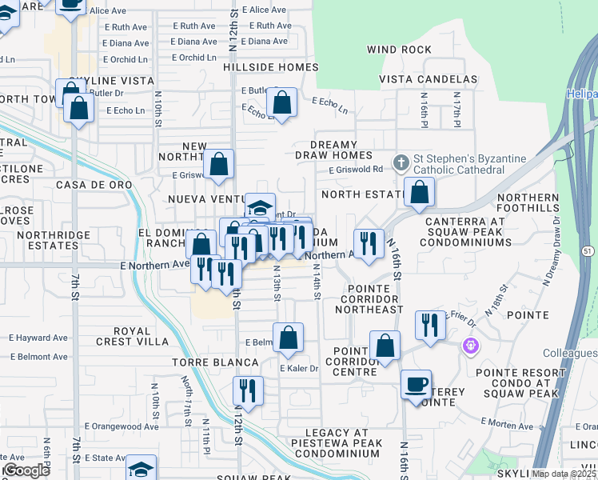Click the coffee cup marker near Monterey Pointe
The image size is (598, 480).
coord(416,384)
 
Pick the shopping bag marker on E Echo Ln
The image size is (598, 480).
coord(281,102)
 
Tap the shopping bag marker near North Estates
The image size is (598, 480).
coord(419,192)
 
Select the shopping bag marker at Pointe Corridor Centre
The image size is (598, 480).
coord(385,346)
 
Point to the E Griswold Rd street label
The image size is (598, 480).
coord(356,170)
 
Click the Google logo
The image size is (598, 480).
coord(26,470)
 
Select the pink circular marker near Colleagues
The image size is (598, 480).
coord(470,346)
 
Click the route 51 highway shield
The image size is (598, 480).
coord(588,250)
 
